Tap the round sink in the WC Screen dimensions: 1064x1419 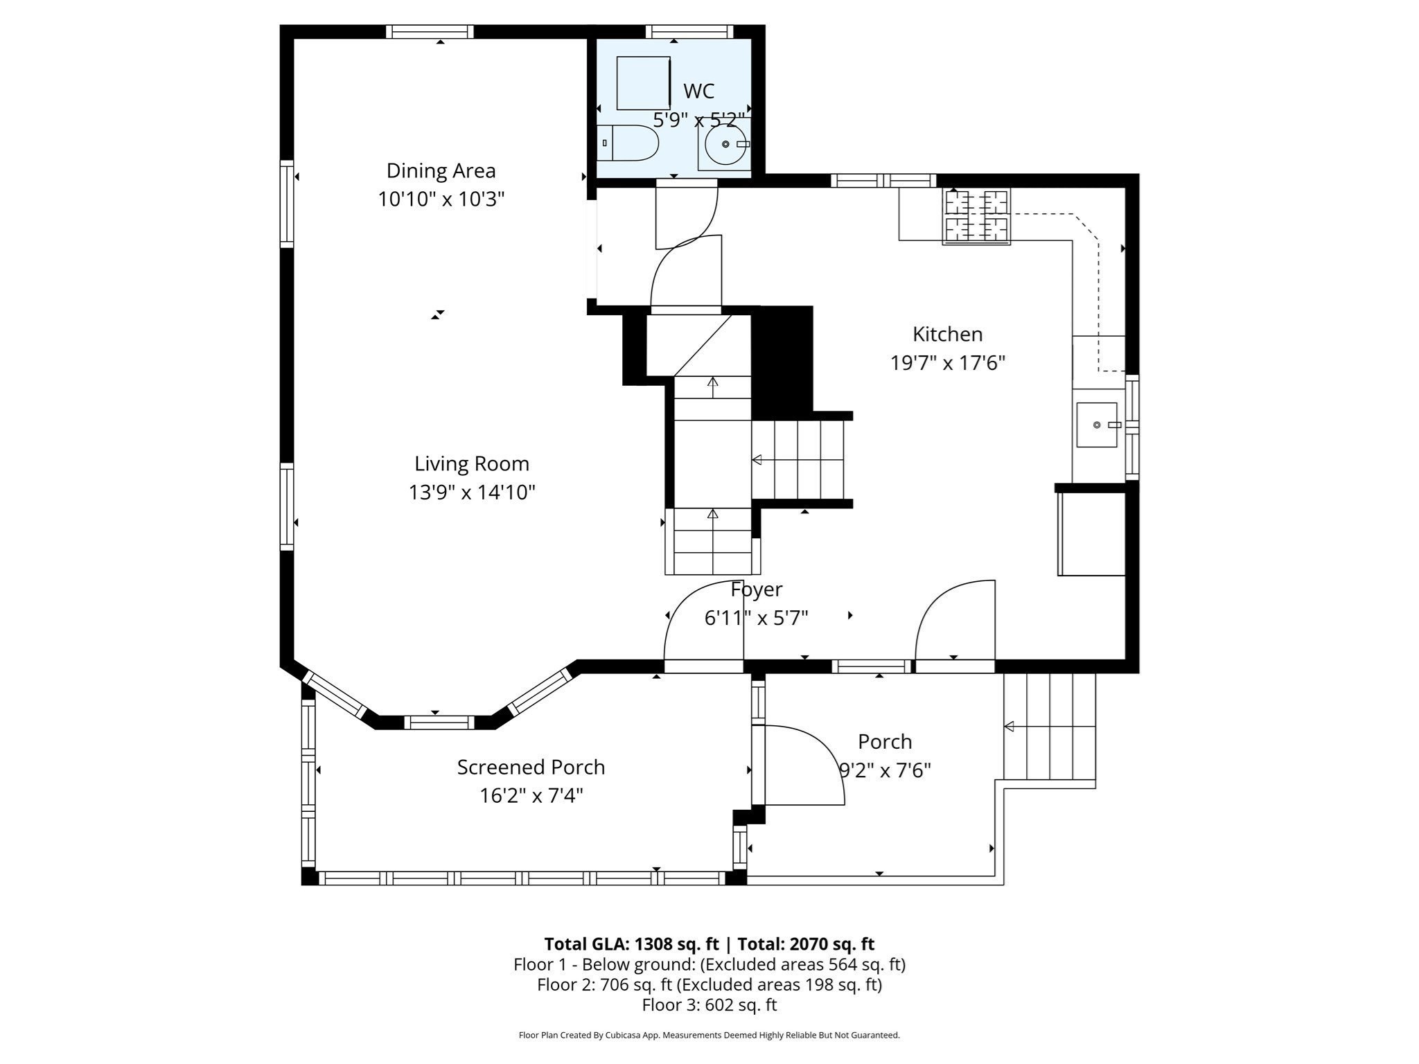pyautogui.click(x=725, y=144)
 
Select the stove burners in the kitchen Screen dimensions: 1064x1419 pyautogui.click(x=976, y=216)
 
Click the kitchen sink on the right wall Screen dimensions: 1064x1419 pyautogui.click(x=1097, y=425)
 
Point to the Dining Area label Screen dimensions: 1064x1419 pyautogui.click(x=441, y=170)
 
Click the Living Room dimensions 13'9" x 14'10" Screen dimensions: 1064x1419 pyautogui.click(x=472, y=493)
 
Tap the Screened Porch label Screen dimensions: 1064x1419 pyautogui.click(x=531, y=767)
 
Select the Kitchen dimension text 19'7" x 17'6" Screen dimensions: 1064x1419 pyautogui.click(x=947, y=362)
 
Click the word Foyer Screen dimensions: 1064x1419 pyautogui.click(x=757, y=589)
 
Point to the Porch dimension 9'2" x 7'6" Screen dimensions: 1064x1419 pyautogui.click(x=885, y=770)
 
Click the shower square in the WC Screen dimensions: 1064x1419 pyautogui.click(x=643, y=83)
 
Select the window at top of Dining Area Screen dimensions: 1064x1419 pyautogui.click(x=430, y=32)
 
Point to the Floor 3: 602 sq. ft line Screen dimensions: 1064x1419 pyautogui.click(x=709, y=1005)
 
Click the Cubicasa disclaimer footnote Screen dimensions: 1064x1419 pyautogui.click(x=709, y=1036)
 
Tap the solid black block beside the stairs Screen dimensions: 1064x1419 pyautogui.click(x=782, y=360)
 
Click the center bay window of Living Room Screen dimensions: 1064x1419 pyautogui.click(x=439, y=722)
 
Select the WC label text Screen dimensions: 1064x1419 pyautogui.click(x=698, y=91)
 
